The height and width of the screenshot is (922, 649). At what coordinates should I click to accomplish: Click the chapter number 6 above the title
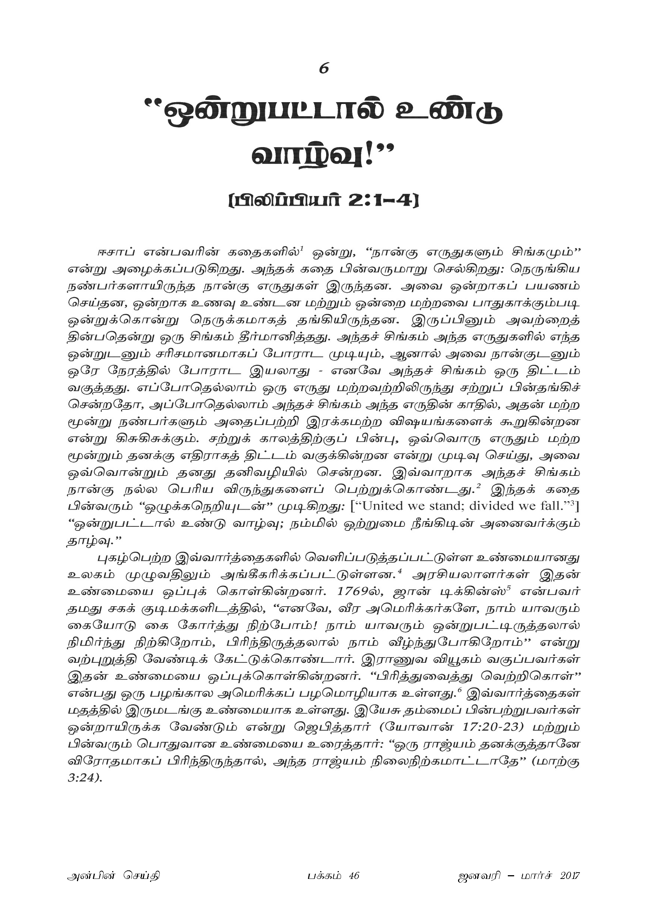click(324, 69)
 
